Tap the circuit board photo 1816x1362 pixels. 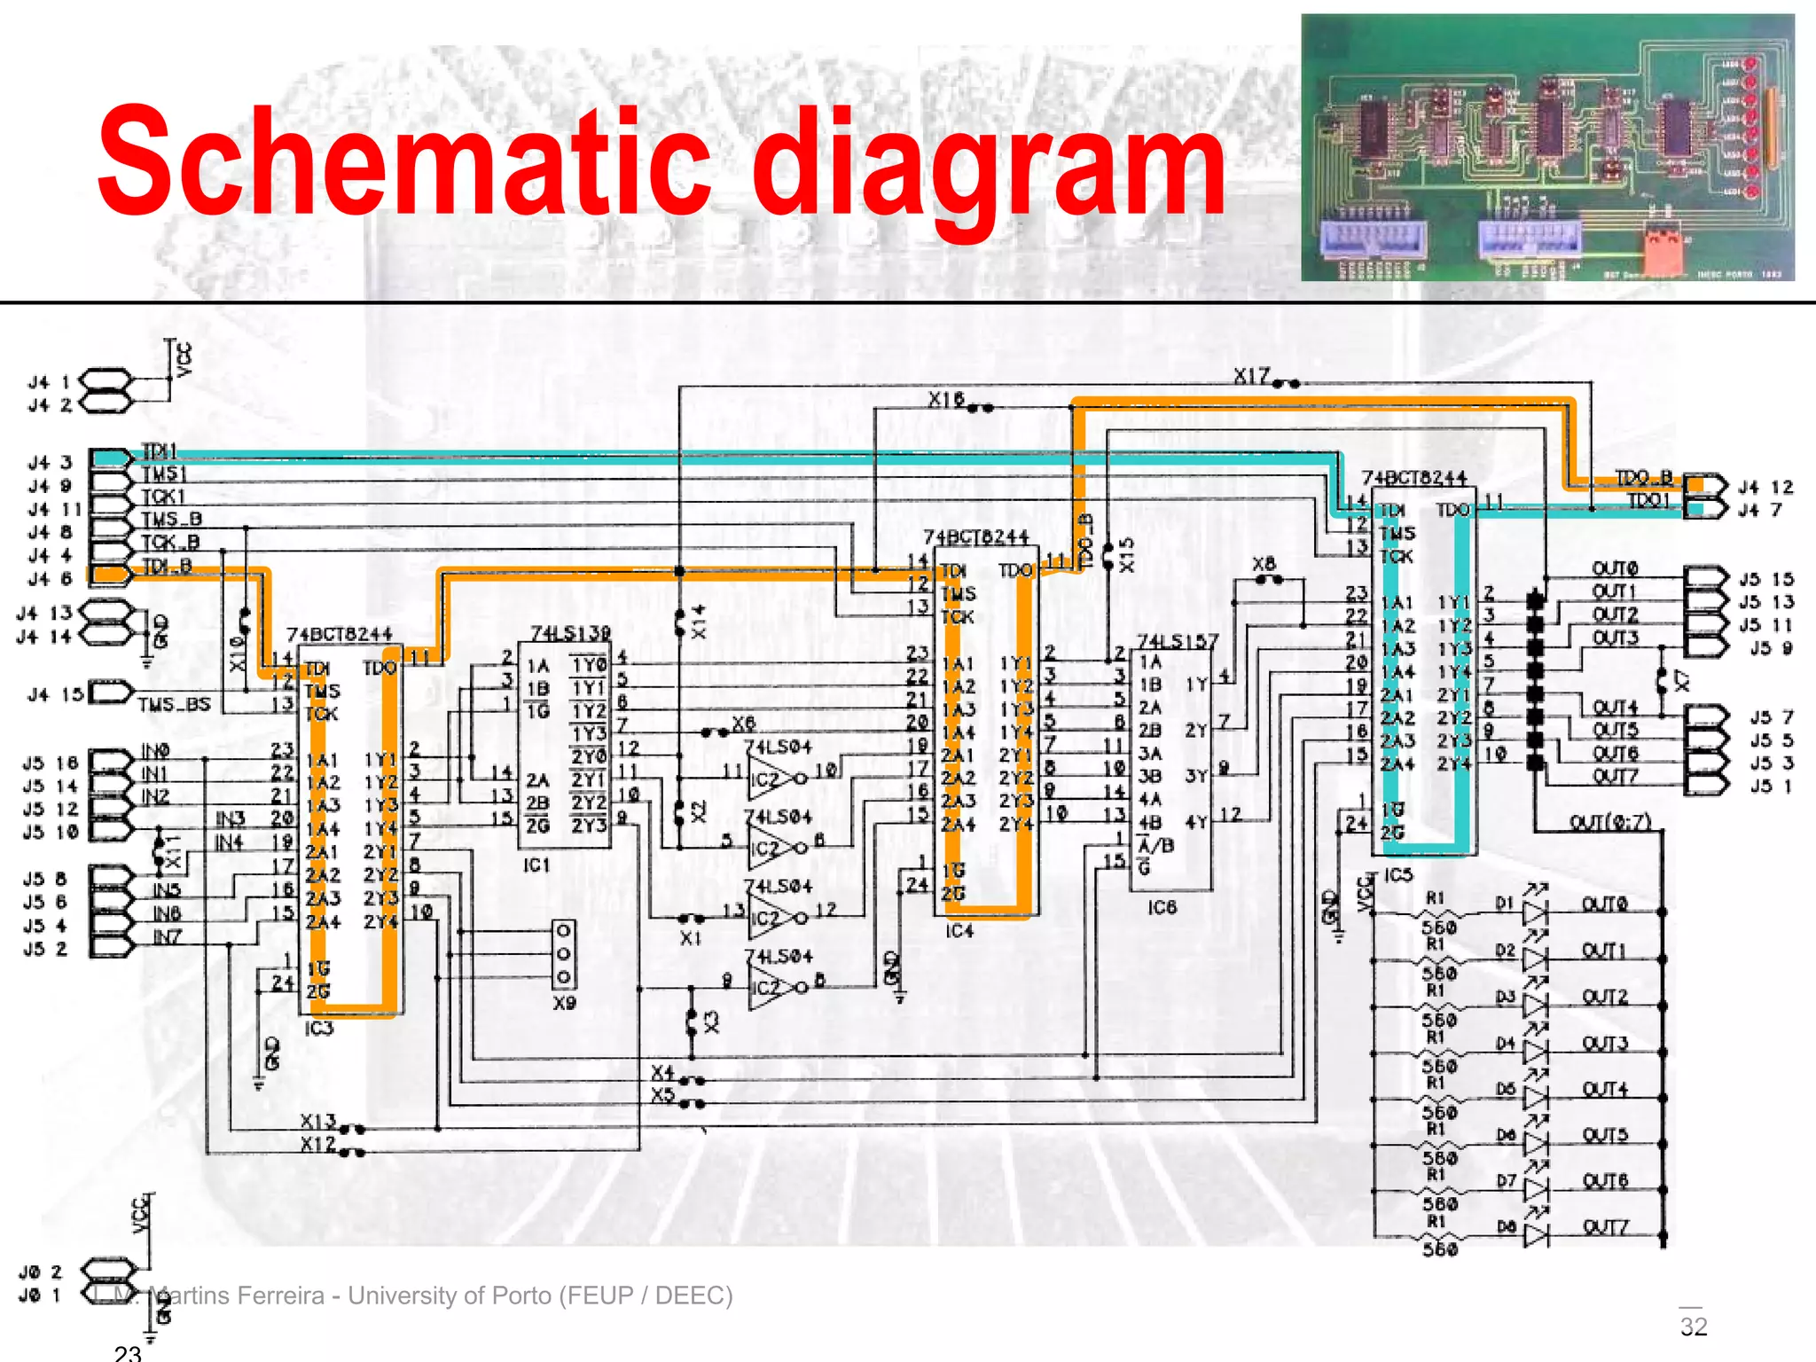coord(1547,148)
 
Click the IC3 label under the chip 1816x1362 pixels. coord(319,1029)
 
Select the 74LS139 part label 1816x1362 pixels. coord(570,633)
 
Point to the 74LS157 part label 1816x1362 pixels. coord(1178,640)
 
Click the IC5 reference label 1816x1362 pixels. coord(1397,875)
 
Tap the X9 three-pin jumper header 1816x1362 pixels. coord(564,954)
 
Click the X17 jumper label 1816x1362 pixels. coord(1252,377)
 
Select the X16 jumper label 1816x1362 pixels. coord(946,400)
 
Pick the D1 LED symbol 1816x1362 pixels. coord(1535,910)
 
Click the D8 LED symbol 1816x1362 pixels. coord(1535,1233)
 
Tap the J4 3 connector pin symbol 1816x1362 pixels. coord(110,458)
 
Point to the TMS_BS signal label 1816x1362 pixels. coord(174,705)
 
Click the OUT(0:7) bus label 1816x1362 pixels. coord(1610,822)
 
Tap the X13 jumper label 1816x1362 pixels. coord(317,1121)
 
